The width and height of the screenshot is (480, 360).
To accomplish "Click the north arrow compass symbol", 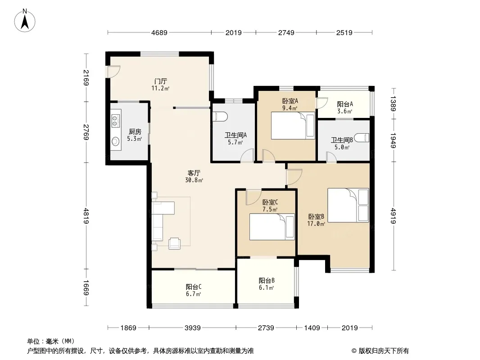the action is (x=25, y=20).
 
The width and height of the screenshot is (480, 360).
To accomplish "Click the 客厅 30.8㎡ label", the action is (x=194, y=176).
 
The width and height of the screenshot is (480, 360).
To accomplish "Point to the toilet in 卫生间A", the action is (x=220, y=117).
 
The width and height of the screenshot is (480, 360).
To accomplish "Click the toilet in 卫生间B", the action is (x=362, y=138).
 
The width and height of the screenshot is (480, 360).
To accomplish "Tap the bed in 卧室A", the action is (x=293, y=126).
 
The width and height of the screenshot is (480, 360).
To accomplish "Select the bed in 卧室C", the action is (x=272, y=227).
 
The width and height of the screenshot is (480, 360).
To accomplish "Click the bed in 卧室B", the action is (x=348, y=205).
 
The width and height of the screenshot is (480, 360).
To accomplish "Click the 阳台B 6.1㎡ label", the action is (x=266, y=284).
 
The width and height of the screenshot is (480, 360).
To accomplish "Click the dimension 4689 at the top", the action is (x=159, y=32).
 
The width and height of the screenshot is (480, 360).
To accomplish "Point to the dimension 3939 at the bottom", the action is (x=193, y=328).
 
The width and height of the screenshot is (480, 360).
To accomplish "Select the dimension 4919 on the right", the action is (x=394, y=216).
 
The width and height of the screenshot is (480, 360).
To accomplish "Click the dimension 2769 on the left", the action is (x=86, y=132).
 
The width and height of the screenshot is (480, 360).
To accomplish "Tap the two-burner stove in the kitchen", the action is (x=115, y=120).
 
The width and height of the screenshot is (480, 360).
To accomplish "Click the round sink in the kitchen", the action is (x=115, y=141).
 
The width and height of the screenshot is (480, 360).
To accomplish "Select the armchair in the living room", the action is (x=175, y=243).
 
